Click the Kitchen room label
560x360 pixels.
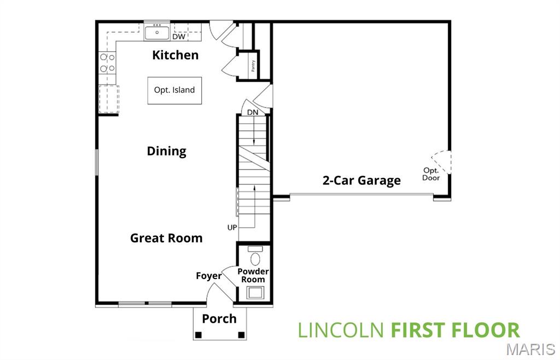click(x=175, y=55)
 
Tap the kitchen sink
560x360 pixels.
click(x=157, y=32)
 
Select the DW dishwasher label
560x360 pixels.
click(x=178, y=37)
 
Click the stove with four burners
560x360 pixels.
click(x=107, y=63)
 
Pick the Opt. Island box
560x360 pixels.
click(x=174, y=90)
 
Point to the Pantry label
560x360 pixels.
click(x=253, y=66)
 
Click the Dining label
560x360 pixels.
click(x=167, y=151)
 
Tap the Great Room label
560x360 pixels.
click(x=166, y=238)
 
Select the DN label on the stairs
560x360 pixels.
click(x=252, y=112)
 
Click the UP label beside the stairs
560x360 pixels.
click(x=232, y=227)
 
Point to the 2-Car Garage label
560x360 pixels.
click(x=361, y=181)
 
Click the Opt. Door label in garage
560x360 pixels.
click(x=431, y=173)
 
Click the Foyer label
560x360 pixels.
click(x=209, y=276)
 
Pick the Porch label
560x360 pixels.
click(x=219, y=318)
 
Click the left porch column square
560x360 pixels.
click(x=199, y=335)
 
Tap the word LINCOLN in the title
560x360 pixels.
click(x=341, y=330)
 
